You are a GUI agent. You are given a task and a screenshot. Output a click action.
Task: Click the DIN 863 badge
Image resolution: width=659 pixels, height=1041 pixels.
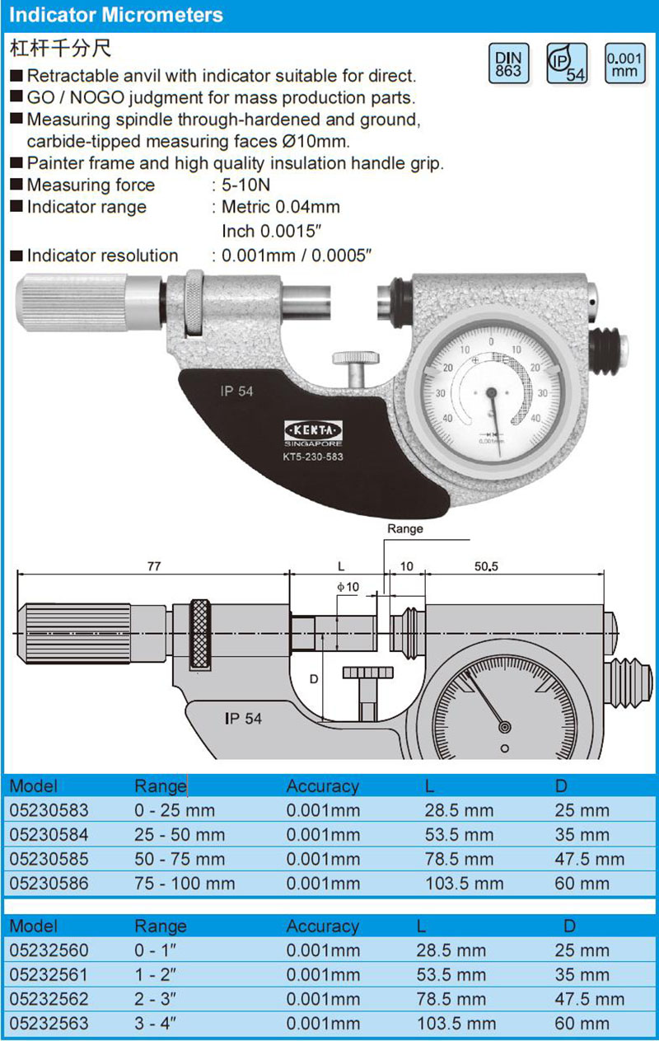[x=508, y=64]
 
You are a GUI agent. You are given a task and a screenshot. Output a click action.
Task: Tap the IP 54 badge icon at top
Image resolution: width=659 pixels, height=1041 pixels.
[x=567, y=64]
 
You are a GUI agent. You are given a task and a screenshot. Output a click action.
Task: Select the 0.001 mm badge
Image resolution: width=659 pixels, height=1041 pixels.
[x=624, y=64]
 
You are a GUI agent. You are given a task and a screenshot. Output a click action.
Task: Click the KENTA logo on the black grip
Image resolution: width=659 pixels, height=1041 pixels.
[x=313, y=430]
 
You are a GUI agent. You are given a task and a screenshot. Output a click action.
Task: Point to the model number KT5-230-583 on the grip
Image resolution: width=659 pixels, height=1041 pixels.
[x=313, y=457]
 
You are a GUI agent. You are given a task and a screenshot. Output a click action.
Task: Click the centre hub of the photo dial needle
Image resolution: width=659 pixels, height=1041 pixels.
[x=491, y=394]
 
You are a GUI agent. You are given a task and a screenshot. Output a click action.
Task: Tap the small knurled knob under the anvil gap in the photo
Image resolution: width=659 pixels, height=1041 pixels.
[x=355, y=359]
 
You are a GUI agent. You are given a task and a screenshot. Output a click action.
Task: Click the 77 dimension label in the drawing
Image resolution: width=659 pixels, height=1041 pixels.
[x=154, y=566]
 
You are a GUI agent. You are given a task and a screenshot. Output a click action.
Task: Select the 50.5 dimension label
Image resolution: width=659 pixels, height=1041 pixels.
[x=486, y=566]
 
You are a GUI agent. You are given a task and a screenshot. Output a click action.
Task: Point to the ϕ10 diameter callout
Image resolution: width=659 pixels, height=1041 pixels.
[x=348, y=587]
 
